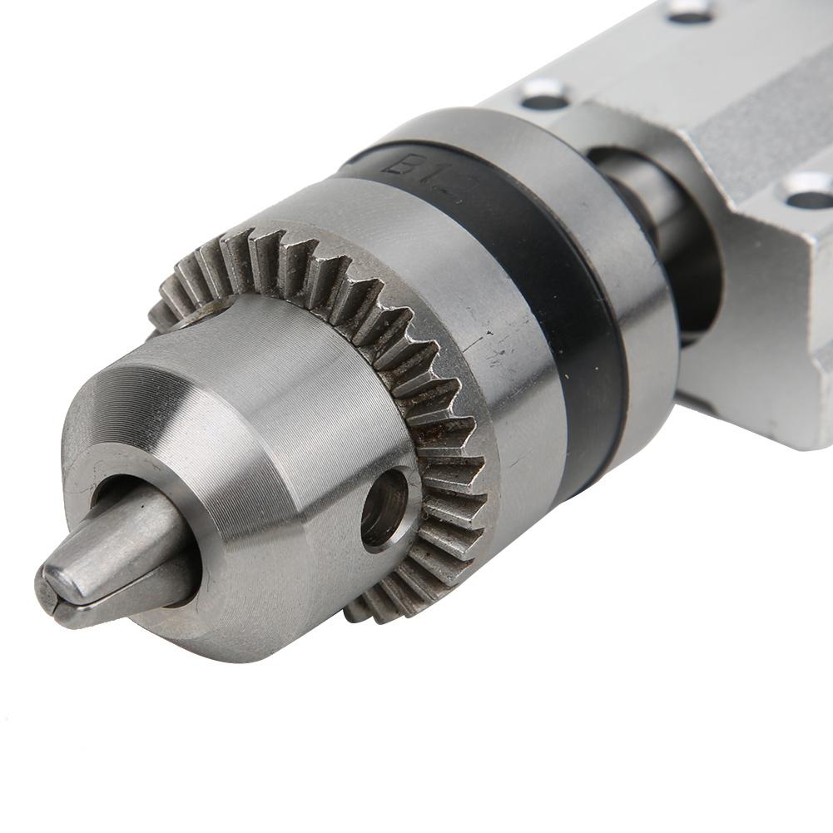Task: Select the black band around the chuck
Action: point(574,316)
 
